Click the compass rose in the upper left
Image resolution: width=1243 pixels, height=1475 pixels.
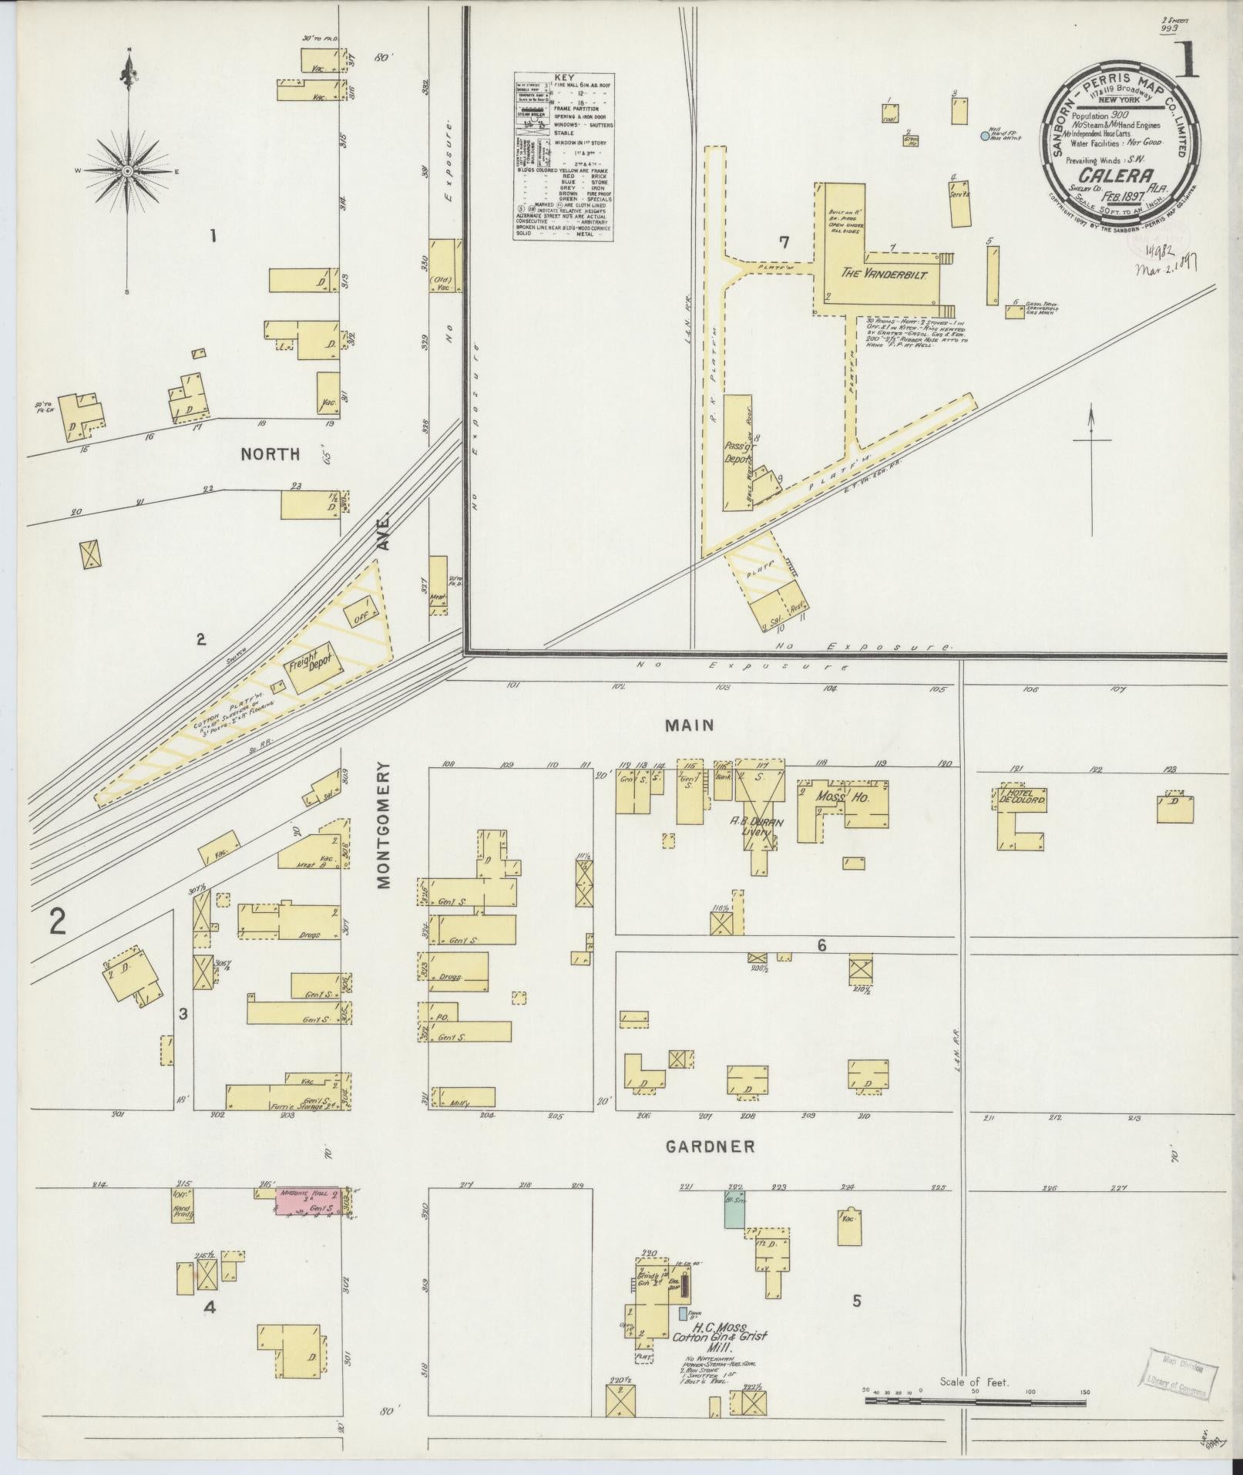click(128, 170)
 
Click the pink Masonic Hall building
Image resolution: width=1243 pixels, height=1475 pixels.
click(307, 1224)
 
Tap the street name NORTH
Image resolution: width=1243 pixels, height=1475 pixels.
click(270, 454)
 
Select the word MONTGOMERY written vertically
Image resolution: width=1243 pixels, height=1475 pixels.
click(385, 825)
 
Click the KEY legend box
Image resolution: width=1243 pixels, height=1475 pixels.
click(563, 157)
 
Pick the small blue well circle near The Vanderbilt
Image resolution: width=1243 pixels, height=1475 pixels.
click(984, 136)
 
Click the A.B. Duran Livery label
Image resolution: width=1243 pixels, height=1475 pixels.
click(757, 827)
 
